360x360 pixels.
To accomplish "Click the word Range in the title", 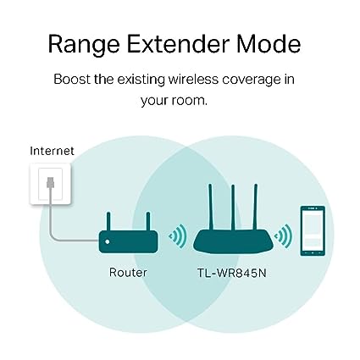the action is tap(84, 45).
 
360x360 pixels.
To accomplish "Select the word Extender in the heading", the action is tap(178, 44).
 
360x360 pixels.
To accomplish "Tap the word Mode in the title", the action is tap(269, 44).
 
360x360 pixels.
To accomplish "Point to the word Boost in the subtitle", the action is tap(72, 79).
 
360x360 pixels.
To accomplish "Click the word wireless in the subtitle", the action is tap(193, 79).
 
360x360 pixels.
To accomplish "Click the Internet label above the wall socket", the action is tap(52, 151).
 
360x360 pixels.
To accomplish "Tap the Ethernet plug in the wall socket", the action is tap(50, 182).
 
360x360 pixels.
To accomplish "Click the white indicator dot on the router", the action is tap(108, 242).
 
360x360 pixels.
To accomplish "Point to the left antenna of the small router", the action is tap(108, 221).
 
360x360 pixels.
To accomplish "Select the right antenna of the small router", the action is tap(148, 221).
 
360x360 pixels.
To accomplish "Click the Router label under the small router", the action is tap(128, 273).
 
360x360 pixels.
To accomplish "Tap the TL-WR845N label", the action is tap(231, 273).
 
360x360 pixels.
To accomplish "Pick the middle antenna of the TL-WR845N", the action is tap(233, 208).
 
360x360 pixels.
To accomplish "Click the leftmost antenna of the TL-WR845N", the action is tap(210, 207).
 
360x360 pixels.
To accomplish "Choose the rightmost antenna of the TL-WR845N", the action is tap(255, 207).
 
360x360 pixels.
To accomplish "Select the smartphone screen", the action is tap(313, 230).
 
